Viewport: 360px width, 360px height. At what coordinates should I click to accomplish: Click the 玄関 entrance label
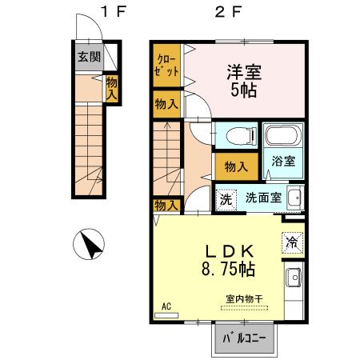(88, 57)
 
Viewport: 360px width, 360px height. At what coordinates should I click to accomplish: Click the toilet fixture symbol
(235, 135)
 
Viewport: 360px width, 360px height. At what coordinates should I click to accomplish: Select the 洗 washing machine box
(226, 198)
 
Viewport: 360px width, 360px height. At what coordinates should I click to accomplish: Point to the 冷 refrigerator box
(291, 240)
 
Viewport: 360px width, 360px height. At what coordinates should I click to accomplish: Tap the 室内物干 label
(245, 299)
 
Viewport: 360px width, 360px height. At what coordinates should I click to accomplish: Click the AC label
(166, 305)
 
